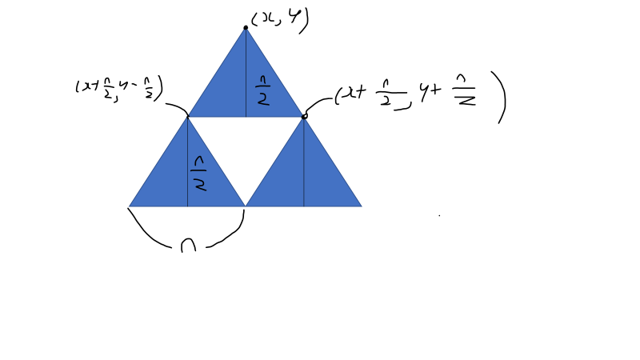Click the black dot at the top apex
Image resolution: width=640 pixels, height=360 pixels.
click(246, 27)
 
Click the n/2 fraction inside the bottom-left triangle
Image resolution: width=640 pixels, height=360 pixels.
click(200, 174)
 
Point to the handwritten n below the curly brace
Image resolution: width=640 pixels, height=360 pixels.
click(188, 245)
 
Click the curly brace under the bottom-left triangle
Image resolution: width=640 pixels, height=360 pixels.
click(186, 232)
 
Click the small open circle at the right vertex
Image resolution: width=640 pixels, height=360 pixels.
click(304, 116)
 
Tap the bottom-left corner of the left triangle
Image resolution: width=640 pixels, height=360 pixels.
click(130, 206)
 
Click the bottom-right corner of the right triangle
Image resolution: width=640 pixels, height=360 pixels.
click(361, 206)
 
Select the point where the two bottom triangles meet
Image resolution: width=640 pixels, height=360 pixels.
click(246, 206)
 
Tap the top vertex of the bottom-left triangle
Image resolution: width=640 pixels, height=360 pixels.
click(187, 117)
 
